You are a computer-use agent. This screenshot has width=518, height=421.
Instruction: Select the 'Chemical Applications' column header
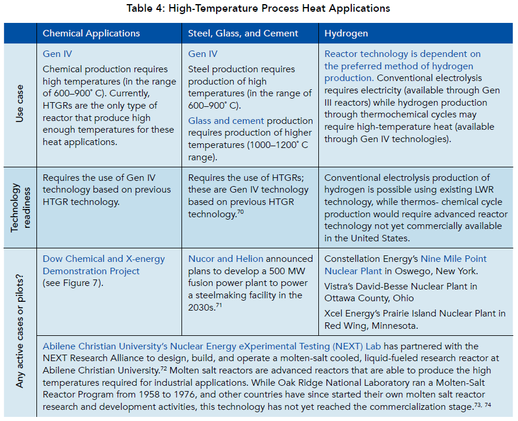(91, 33)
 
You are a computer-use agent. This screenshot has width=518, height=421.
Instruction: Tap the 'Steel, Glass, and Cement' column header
(243, 33)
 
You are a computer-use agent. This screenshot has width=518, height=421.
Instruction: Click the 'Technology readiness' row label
(19, 207)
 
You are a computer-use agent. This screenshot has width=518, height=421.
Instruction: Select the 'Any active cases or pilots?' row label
(19, 332)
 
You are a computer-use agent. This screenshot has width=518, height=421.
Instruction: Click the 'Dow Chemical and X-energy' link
(103, 259)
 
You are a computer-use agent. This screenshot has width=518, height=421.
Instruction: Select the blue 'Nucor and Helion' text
(226, 259)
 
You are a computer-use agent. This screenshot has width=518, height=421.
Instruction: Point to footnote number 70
(240, 212)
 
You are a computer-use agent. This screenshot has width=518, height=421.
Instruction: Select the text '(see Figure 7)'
(72, 282)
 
